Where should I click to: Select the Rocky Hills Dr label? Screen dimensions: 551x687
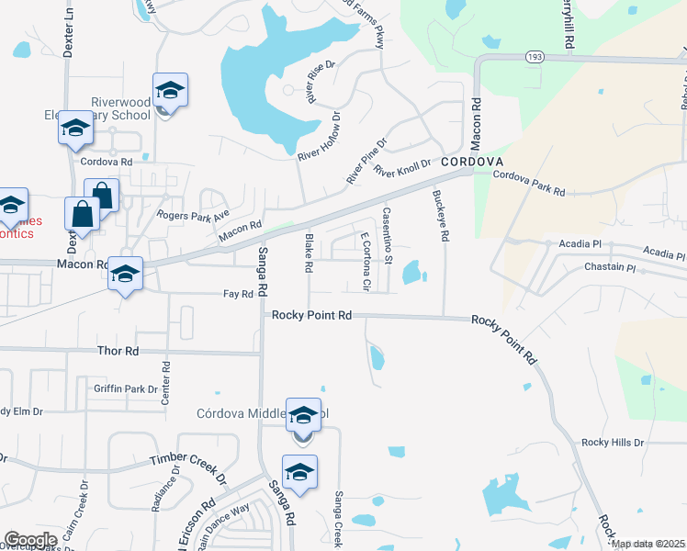(613, 443)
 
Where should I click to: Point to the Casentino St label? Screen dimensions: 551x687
(387, 235)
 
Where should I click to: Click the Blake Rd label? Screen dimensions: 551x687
(309, 253)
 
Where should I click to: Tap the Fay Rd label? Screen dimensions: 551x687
(238, 295)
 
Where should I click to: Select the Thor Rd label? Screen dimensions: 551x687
(118, 351)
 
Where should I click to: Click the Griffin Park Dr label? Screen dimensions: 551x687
(126, 389)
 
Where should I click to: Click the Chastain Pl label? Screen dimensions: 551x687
(610, 268)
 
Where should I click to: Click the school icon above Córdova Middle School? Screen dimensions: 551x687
(303, 418)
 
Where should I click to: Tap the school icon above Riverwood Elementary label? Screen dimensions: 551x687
(170, 92)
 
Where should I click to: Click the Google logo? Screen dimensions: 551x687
(30, 540)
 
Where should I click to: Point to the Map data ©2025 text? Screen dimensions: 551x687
(648, 544)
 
